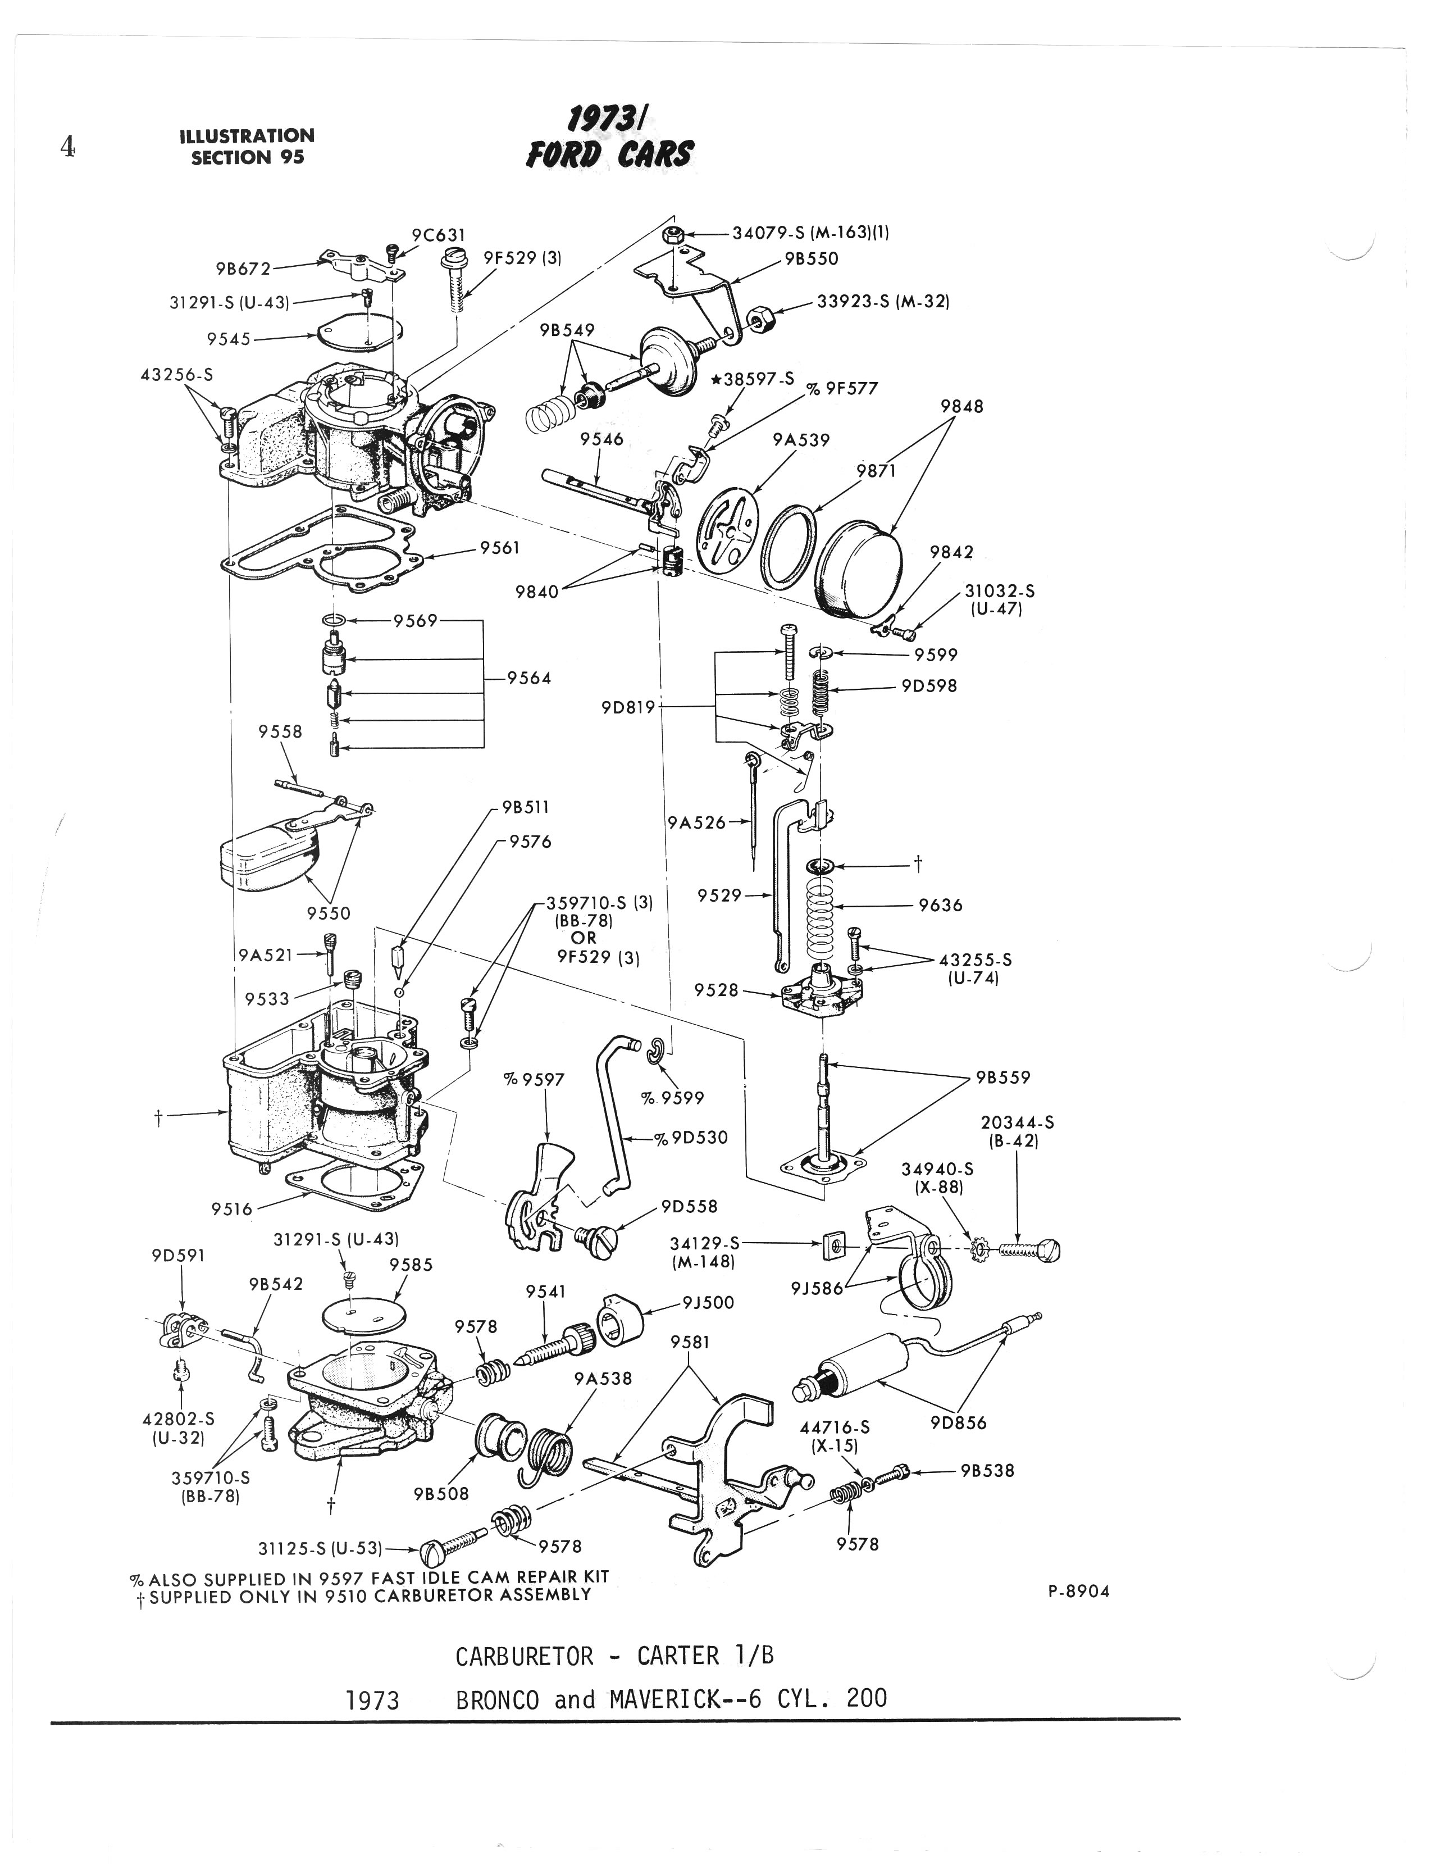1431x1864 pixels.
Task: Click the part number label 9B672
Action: click(x=243, y=269)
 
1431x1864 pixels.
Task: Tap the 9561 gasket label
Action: click(x=499, y=548)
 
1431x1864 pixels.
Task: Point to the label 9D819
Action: click(x=628, y=707)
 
